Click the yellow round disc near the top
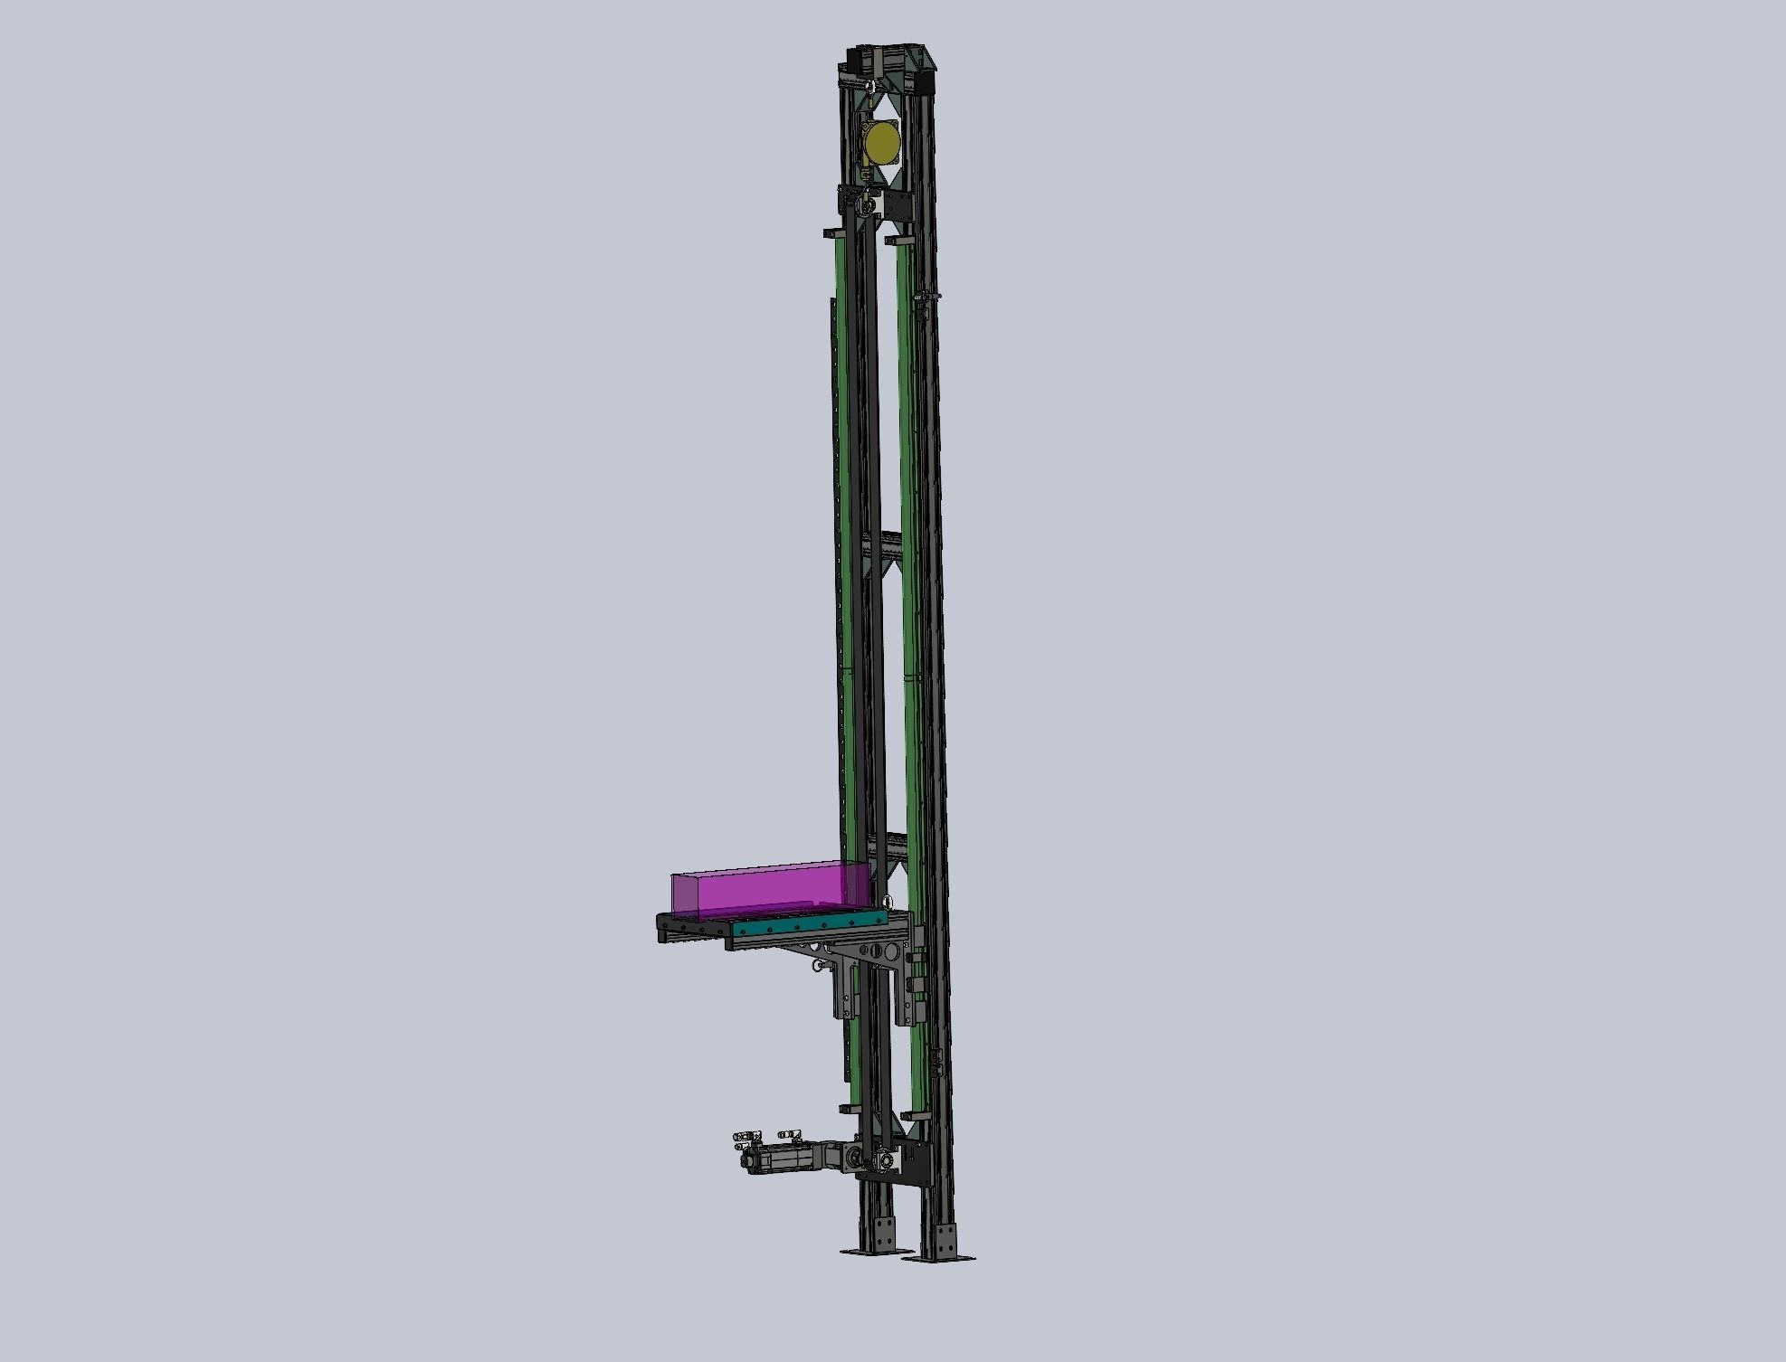click(x=882, y=144)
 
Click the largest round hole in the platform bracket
click(x=894, y=951)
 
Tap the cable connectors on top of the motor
click(x=769, y=1134)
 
